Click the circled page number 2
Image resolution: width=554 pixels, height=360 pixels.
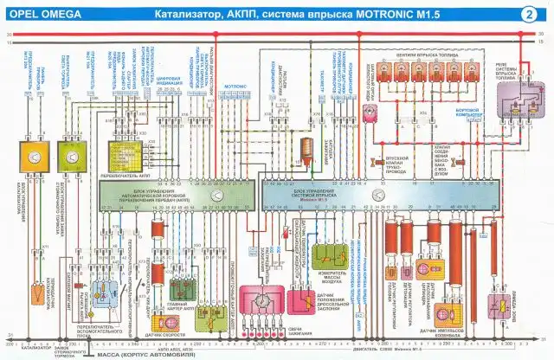tap(528, 14)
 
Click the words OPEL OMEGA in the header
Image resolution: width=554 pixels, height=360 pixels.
tap(42, 15)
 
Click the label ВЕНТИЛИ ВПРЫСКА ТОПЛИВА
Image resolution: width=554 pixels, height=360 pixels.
tap(423, 55)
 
